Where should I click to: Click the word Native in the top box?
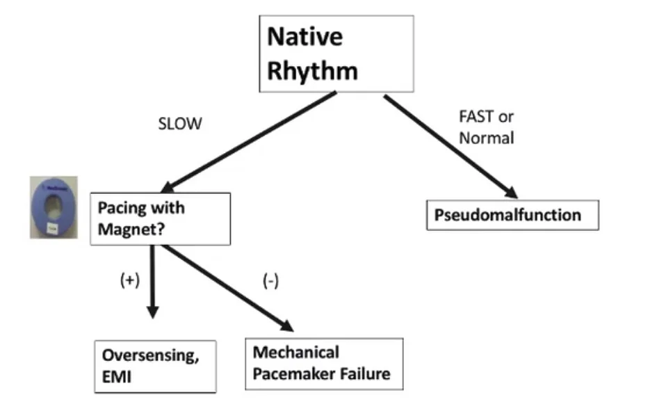(x=304, y=37)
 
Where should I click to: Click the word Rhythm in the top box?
(x=312, y=71)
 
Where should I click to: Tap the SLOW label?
(x=180, y=124)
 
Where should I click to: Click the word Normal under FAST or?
(x=487, y=138)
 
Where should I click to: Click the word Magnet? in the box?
(x=131, y=229)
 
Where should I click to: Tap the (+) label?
(x=130, y=280)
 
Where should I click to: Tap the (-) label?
(x=270, y=282)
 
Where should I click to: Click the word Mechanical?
(x=296, y=352)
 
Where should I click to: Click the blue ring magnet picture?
(x=54, y=207)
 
